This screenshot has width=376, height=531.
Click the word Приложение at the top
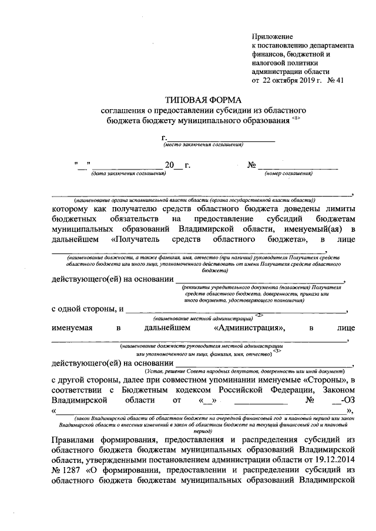pyautogui.click(x=272, y=36)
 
